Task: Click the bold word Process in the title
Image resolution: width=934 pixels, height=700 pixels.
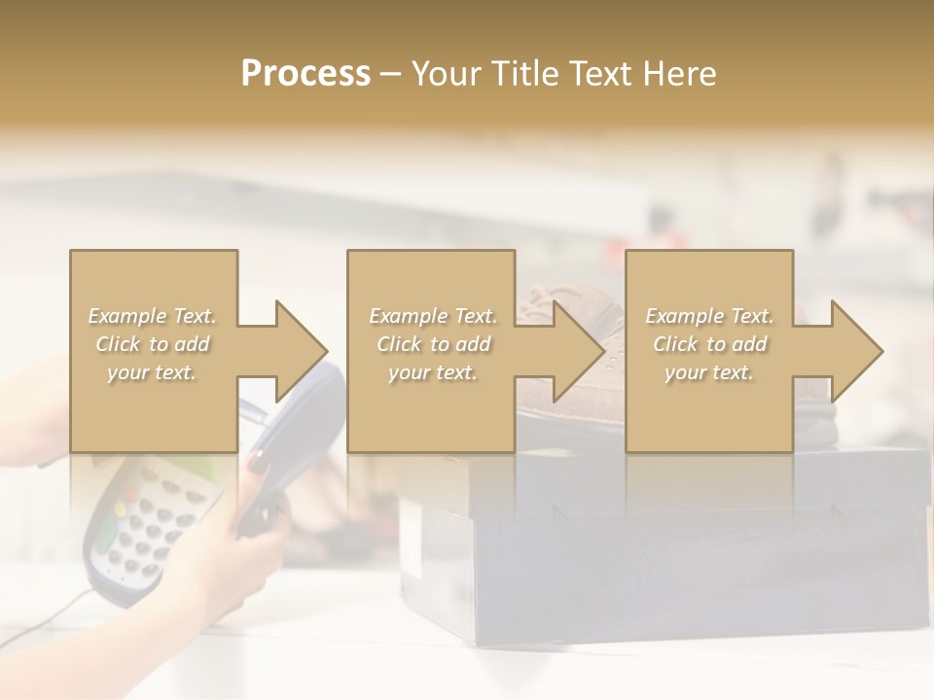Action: pyautogui.click(x=305, y=74)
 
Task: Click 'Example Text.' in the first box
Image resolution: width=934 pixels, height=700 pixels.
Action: pyautogui.click(x=153, y=316)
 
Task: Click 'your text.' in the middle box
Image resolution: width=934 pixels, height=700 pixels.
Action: pyautogui.click(x=432, y=373)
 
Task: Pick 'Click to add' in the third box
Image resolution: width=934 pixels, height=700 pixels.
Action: pyautogui.click(x=709, y=344)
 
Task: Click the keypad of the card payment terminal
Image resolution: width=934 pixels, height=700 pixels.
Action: pyautogui.click(x=146, y=530)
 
